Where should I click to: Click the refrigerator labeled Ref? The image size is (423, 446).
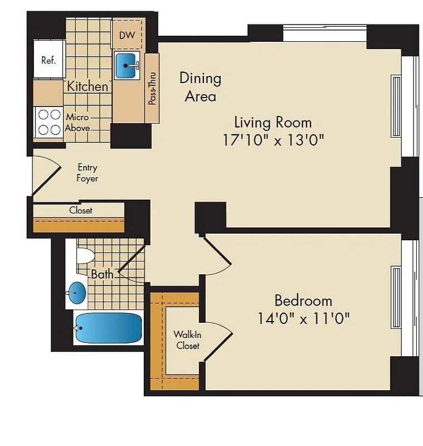48,60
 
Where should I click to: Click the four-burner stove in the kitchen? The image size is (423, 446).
48,122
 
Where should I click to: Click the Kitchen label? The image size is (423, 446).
87,86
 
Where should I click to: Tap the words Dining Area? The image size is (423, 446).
200,87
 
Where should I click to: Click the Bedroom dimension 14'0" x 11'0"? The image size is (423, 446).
303,319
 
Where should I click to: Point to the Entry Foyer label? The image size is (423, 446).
87,173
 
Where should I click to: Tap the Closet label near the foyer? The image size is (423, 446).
81,210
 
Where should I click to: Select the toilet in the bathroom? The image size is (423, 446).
85,256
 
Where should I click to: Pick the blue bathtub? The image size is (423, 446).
108,328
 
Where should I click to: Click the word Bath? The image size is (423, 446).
103,274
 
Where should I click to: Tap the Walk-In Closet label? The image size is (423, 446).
187,340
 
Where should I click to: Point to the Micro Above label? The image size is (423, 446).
77,123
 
